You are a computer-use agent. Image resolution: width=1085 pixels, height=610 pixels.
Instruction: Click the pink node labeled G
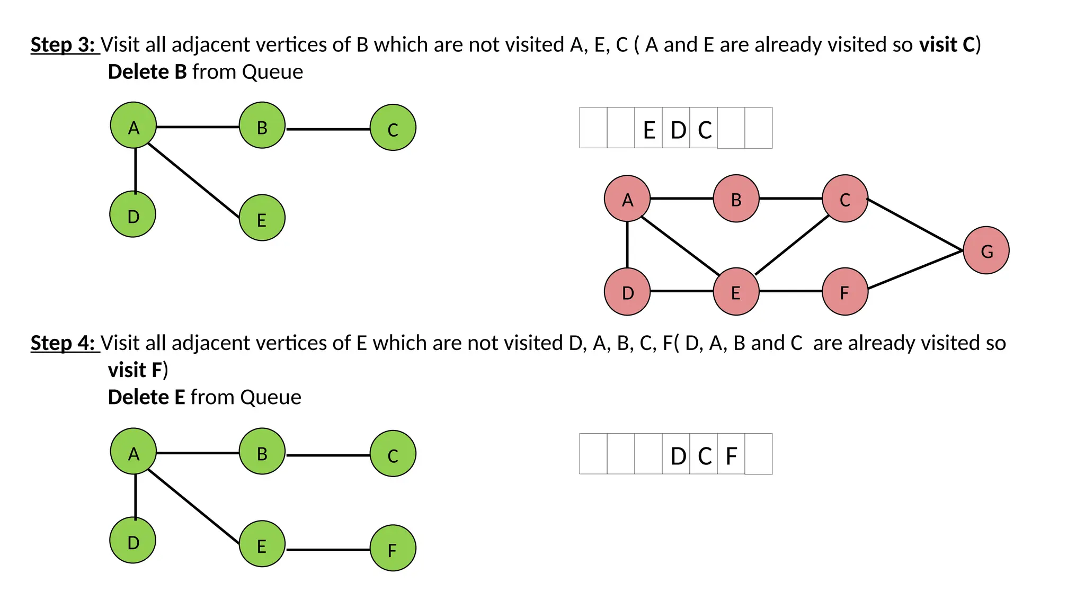tap(986, 250)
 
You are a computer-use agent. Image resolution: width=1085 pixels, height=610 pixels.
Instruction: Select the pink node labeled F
tap(844, 292)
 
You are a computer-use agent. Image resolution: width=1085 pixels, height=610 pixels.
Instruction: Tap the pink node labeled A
tap(627, 199)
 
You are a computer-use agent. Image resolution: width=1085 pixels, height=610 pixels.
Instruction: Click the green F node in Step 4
tap(393, 549)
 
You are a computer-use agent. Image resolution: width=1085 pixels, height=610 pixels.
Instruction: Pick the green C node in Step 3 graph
tap(393, 128)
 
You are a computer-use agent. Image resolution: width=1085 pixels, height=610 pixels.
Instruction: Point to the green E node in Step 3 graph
tap(262, 218)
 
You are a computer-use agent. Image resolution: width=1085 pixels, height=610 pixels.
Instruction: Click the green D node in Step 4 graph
tap(132, 541)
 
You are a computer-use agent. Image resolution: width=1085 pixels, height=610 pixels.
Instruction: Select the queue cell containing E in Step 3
tap(648, 129)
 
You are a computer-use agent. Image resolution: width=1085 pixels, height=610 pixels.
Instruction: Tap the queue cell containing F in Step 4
tap(731, 455)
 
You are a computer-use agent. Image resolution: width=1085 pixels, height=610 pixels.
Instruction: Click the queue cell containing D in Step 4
tap(677, 455)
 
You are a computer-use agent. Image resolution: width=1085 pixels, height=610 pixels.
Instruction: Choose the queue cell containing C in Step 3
tap(704, 129)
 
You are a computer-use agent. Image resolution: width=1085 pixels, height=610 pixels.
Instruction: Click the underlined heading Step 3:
tap(64, 45)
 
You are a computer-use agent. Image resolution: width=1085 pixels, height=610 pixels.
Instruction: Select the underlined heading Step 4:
tap(64, 343)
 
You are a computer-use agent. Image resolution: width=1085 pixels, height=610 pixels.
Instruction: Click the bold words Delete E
tap(146, 397)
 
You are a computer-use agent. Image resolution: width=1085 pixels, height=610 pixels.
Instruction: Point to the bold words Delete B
tap(147, 72)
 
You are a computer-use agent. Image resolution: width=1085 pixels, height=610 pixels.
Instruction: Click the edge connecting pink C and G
tap(915, 225)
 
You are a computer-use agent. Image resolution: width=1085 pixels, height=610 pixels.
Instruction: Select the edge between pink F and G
tap(915, 270)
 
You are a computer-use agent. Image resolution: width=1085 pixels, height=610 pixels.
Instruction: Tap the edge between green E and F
tap(327, 550)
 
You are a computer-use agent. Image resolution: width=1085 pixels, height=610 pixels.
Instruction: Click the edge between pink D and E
tap(681, 291)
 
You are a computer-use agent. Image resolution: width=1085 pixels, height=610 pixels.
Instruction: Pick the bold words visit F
tap(135, 370)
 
